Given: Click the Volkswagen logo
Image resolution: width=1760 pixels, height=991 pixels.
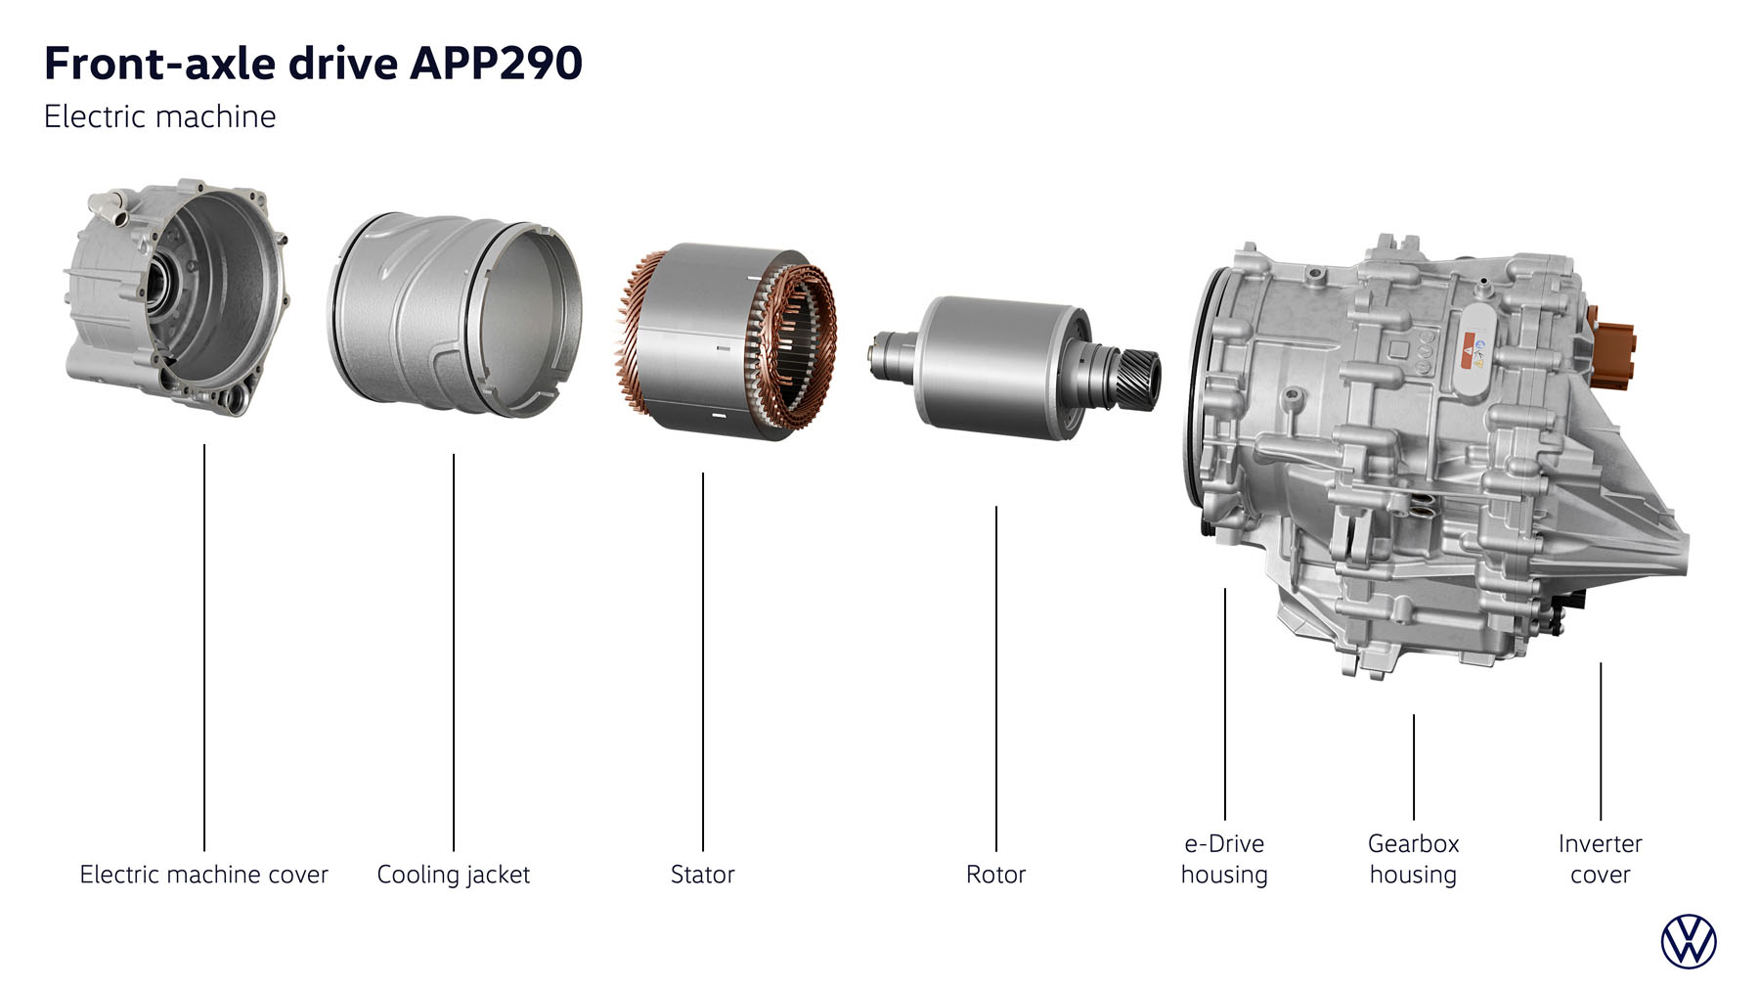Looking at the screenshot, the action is [1689, 942].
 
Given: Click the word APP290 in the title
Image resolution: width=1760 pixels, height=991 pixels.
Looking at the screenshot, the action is [497, 64].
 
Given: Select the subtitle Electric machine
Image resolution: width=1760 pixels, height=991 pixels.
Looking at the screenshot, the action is [160, 116].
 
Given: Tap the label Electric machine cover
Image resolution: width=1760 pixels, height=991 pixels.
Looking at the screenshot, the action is [203, 874].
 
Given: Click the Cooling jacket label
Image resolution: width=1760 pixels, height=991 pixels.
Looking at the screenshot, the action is [454, 875].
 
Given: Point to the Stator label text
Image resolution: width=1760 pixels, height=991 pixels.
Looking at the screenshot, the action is [702, 874].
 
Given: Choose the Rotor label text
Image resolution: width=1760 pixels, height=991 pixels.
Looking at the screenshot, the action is [995, 874].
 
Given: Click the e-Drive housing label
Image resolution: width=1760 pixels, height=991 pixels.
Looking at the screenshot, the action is [1224, 859].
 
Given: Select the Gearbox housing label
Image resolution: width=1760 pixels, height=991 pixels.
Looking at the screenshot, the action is [1413, 859].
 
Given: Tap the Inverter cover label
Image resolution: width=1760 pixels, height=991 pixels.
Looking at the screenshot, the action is [1601, 859].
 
